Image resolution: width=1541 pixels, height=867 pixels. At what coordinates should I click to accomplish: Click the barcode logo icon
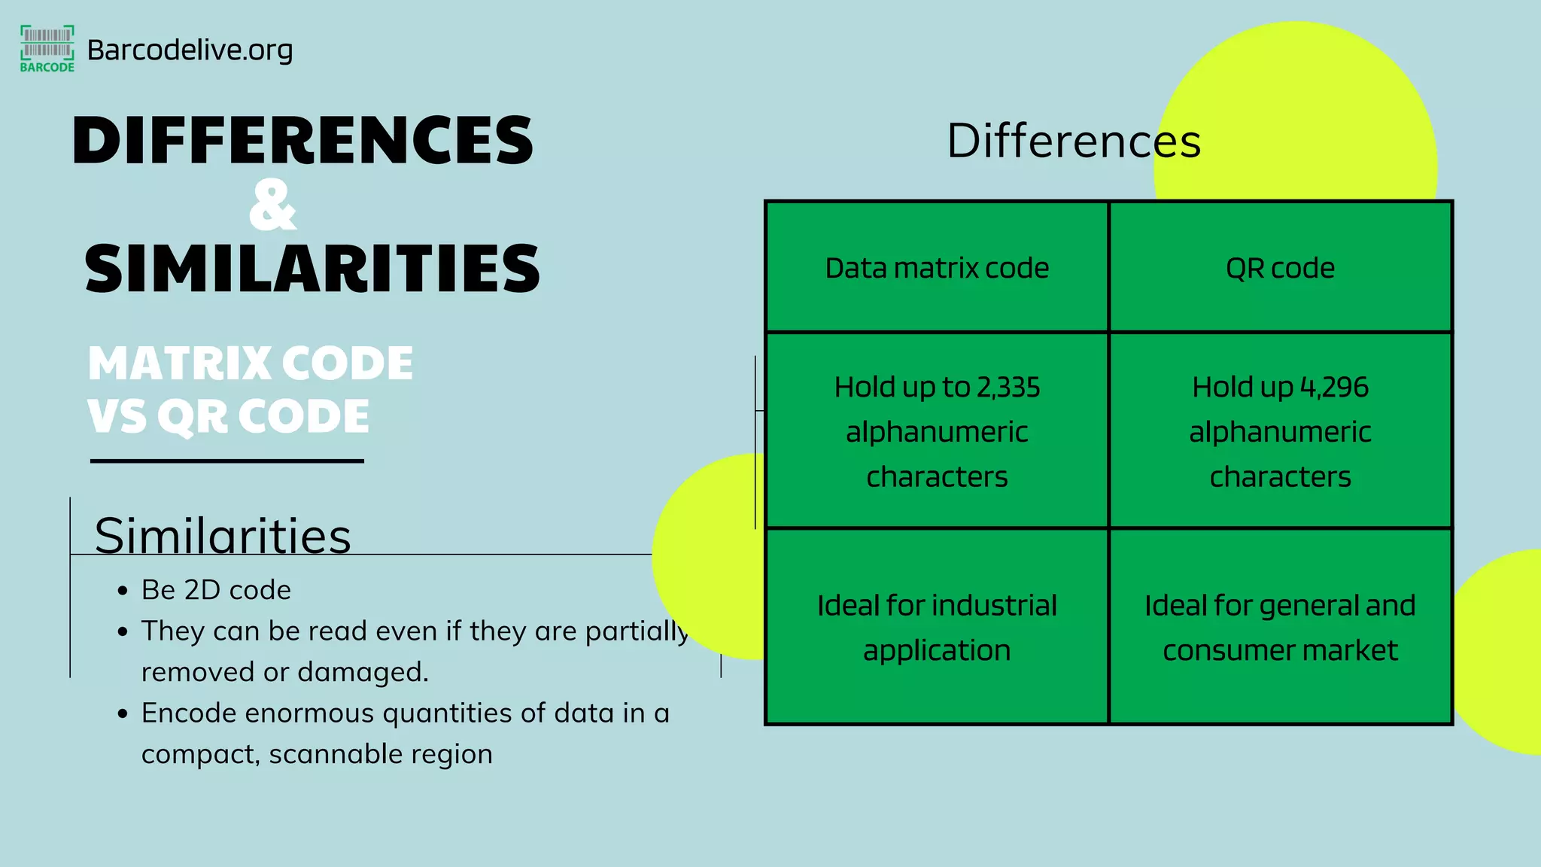tap(47, 47)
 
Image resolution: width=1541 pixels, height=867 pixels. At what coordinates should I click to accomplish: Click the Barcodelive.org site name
tap(190, 50)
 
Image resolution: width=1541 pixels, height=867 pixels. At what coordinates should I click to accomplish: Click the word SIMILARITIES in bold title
tap(312, 269)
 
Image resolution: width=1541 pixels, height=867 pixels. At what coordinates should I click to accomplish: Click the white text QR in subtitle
tap(192, 416)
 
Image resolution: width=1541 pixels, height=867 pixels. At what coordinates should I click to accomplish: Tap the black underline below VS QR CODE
tap(226, 461)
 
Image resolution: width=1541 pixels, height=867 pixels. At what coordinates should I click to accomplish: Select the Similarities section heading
tap(223, 536)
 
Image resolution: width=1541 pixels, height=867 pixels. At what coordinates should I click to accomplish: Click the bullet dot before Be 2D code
tap(123, 591)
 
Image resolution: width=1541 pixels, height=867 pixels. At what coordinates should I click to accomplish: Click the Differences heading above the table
tap(1074, 141)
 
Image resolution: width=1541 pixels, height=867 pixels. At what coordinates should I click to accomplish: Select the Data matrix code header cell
tap(937, 268)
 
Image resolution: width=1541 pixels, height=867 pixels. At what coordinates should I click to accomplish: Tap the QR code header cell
tap(1280, 268)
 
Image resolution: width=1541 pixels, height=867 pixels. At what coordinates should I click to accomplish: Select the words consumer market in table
tap(1280, 650)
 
